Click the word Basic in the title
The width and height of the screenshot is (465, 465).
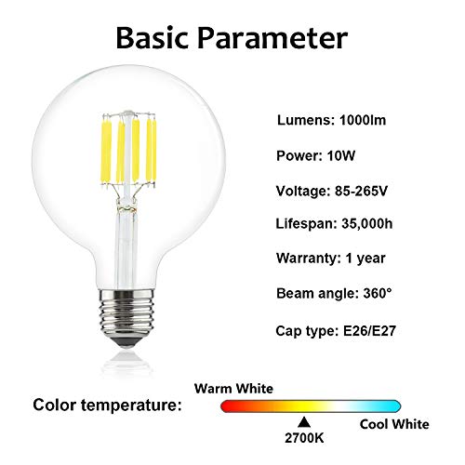(153, 38)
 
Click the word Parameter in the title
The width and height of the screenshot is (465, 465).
(272, 38)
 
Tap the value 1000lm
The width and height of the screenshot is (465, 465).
(363, 120)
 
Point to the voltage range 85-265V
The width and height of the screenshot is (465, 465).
(361, 191)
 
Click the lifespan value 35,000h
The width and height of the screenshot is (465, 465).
(367, 224)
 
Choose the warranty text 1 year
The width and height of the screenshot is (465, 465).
(365, 259)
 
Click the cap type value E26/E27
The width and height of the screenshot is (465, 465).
(369, 331)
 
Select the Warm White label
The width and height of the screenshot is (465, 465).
(233, 389)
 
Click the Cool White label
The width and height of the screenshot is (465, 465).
(394, 424)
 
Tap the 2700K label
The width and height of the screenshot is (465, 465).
(304, 438)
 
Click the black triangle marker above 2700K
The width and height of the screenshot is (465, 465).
(304, 422)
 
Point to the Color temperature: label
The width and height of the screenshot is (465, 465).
(107, 405)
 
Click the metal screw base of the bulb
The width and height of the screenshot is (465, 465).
(126, 312)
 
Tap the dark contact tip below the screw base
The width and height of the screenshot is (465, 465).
(126, 341)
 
